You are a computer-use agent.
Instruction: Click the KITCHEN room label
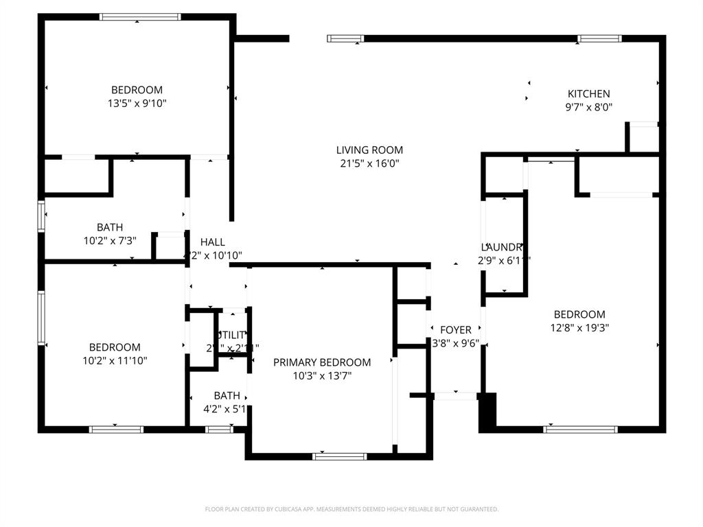588,94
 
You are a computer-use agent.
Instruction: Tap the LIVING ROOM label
369,150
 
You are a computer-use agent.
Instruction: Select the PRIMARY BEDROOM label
322,362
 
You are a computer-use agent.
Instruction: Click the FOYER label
456,330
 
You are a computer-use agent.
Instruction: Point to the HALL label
212,242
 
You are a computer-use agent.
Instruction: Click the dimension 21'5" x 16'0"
369,163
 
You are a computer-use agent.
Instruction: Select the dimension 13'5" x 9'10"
137,103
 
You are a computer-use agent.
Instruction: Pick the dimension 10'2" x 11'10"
115,360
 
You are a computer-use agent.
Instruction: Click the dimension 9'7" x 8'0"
588,107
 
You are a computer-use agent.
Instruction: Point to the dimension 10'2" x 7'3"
110,241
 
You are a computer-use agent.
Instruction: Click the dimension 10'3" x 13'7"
322,375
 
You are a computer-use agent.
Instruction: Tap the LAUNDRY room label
504,247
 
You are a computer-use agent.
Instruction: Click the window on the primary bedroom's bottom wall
340,456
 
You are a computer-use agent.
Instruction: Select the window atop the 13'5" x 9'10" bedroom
140,17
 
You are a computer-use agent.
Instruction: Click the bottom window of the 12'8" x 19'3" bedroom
580,430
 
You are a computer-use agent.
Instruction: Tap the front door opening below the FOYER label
456,395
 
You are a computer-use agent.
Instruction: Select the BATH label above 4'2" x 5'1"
227,396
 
